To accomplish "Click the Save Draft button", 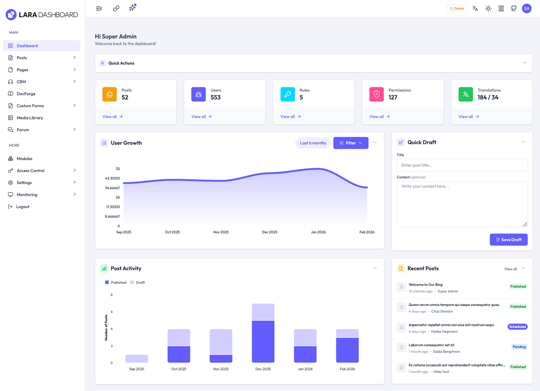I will coord(508,240).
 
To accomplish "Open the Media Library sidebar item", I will coord(30,118).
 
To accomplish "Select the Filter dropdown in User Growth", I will coord(351,143).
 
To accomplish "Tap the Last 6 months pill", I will coord(313,143).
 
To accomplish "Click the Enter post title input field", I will coord(462,165).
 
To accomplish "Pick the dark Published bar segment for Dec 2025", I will coord(263,341).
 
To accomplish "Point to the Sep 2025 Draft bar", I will coord(137,359).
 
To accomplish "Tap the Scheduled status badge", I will coord(517,327).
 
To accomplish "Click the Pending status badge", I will coord(519,347).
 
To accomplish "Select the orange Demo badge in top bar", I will coord(457,8).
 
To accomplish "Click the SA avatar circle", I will coord(526,8).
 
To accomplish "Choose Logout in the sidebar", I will coord(23,207).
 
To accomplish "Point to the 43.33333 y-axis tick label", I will coord(112,178).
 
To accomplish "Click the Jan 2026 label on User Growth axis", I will coord(318,232).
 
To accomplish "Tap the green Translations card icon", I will coord(465,94).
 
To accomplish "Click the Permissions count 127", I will coord(393,97).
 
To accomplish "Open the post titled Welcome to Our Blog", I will coord(425,285).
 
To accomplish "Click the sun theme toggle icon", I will coord(488,8).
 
